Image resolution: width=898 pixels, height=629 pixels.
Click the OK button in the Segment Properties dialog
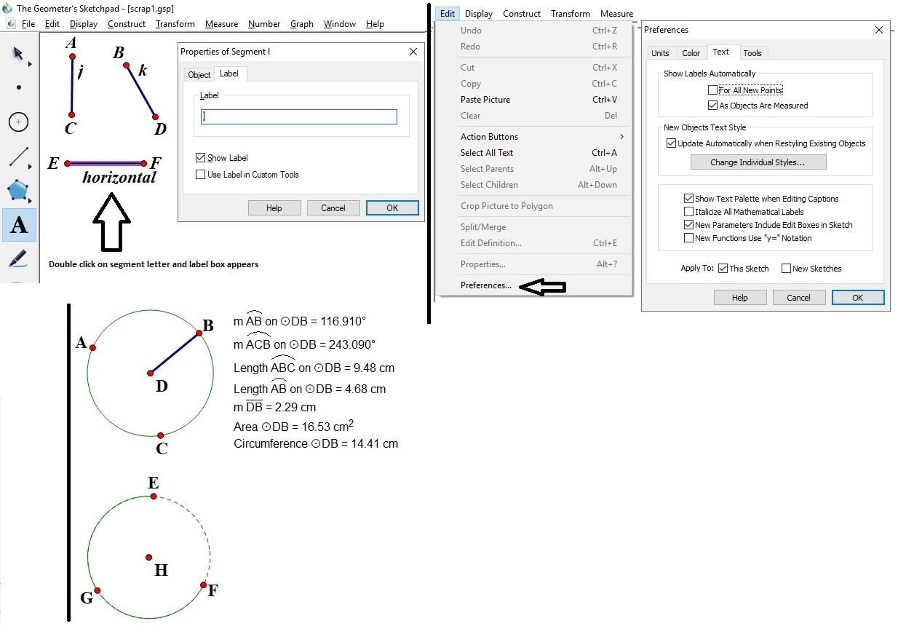coord(392,208)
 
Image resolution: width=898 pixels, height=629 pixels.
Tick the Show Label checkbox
coord(201,158)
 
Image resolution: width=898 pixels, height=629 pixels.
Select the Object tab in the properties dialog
coord(199,75)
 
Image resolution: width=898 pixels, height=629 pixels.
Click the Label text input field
coord(299,116)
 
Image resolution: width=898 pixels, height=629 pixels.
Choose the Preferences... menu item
coord(485,285)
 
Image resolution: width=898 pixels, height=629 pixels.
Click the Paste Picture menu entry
coord(485,100)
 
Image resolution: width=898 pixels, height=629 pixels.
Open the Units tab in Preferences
coord(660,53)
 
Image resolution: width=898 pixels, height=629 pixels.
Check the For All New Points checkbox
coord(712,90)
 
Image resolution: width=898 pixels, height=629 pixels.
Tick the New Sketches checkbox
coord(786,269)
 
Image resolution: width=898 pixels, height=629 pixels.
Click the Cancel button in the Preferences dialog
coord(798,297)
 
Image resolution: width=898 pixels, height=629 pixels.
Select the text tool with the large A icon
coord(19,226)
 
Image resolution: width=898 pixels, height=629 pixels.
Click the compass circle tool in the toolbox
coord(19,122)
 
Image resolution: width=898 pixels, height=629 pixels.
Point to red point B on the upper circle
coord(199,333)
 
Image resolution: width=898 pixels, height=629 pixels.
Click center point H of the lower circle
coord(149,558)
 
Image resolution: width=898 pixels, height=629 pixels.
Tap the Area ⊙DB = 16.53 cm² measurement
coord(293,426)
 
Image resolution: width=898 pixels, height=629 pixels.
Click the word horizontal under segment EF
coord(119,178)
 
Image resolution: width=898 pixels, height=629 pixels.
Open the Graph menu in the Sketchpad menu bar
coord(301,24)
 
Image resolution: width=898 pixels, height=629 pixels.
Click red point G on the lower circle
coord(97,590)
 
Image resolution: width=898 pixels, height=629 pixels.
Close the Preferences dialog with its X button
coord(879,30)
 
